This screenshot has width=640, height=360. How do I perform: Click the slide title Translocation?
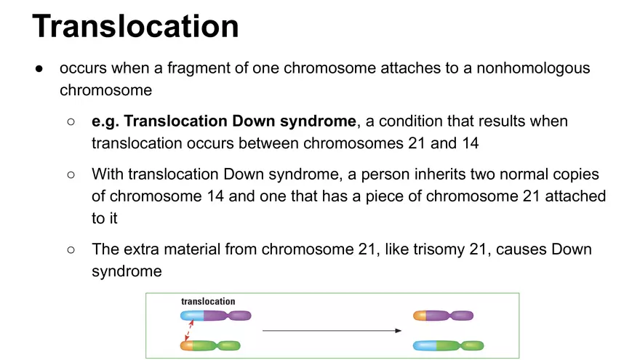tap(135, 26)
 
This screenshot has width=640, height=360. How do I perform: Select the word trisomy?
tap(433, 249)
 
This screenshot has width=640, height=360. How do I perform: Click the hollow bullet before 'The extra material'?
tap(71, 249)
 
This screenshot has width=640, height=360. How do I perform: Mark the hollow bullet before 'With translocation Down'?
tap(71, 175)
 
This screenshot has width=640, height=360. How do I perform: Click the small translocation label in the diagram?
tap(208, 301)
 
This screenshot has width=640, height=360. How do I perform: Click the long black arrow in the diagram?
tap(332, 331)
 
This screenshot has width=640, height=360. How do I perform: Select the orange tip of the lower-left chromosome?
tap(186, 345)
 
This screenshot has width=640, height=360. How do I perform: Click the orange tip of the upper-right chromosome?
tap(419, 316)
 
